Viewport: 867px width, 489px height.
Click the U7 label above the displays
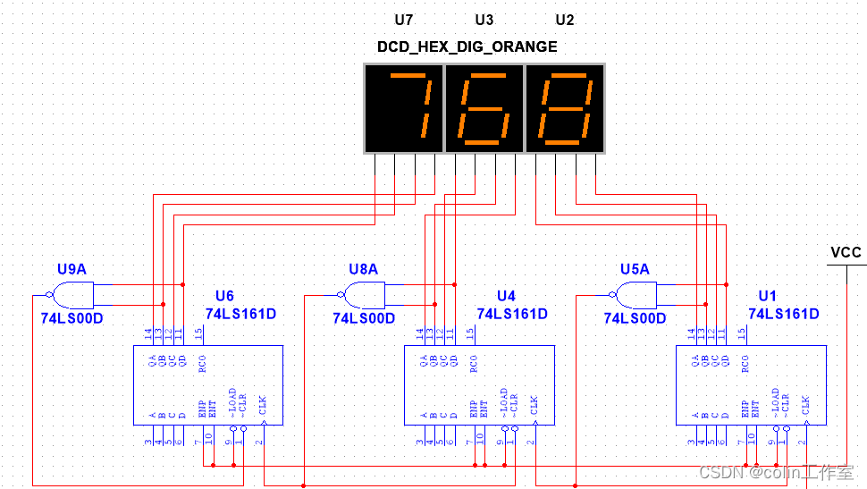point(404,20)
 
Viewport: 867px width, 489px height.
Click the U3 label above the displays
point(484,20)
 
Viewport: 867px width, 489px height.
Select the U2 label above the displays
point(565,20)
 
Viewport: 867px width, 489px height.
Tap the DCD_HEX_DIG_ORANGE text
point(467,46)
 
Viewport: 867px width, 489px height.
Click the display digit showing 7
point(404,108)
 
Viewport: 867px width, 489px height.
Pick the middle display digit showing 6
point(484,108)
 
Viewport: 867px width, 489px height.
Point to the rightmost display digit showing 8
point(565,108)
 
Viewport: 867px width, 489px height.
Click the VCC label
point(846,252)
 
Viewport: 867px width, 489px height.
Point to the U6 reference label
point(224,296)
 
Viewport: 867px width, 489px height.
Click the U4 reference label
point(506,296)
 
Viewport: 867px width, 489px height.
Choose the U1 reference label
point(768,296)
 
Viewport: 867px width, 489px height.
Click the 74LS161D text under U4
point(512,314)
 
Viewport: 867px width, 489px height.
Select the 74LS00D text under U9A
point(72,317)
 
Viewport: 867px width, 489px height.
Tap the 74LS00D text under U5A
point(635,317)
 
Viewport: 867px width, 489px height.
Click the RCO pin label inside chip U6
point(204,362)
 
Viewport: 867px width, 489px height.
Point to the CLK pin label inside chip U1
point(805,404)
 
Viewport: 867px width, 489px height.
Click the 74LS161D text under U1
point(783,314)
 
